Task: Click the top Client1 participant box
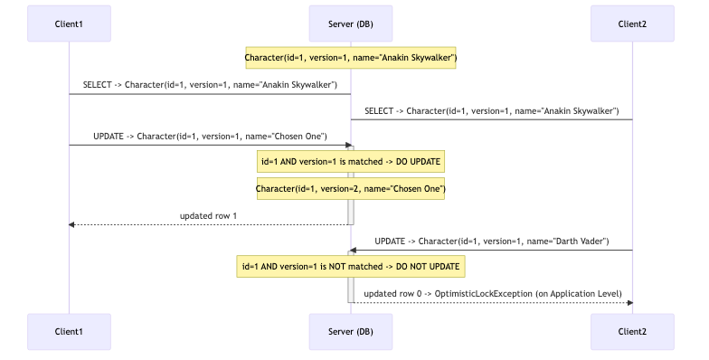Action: point(69,23)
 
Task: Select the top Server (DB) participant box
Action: point(351,23)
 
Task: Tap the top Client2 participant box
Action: point(632,23)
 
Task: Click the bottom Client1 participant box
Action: point(69,332)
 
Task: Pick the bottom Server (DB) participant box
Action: point(351,332)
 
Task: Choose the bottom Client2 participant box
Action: point(632,332)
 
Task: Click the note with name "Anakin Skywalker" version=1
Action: point(351,58)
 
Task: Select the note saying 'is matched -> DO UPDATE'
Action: point(351,162)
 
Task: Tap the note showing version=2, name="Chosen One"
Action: point(351,188)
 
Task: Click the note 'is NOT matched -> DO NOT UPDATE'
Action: point(351,267)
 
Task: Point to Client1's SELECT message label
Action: point(210,85)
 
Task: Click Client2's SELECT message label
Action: point(491,111)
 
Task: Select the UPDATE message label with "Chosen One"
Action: point(210,137)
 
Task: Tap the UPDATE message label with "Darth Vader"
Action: point(491,242)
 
